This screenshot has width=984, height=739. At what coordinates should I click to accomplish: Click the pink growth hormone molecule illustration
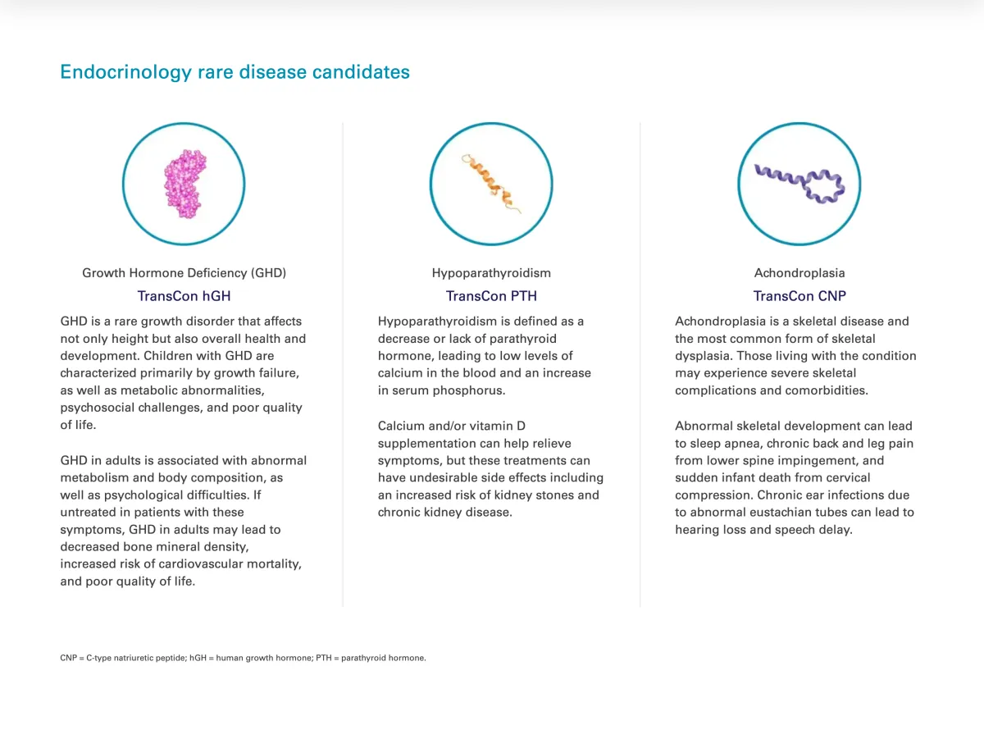tap(184, 184)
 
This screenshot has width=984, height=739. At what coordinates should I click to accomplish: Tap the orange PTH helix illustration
tap(490, 183)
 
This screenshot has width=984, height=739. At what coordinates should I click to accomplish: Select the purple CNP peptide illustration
tap(800, 185)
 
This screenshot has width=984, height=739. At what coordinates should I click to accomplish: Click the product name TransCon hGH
tap(184, 296)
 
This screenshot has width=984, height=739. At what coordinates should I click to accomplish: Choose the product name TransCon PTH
tap(491, 296)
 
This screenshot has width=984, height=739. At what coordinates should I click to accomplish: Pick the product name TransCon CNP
tap(799, 296)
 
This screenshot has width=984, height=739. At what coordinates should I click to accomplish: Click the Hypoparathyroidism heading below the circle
tap(491, 273)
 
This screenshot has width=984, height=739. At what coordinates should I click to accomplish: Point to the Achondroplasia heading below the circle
tap(799, 272)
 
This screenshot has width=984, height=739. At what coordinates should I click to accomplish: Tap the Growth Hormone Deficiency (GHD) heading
tap(184, 273)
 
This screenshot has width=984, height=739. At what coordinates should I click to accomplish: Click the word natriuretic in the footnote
tap(134, 658)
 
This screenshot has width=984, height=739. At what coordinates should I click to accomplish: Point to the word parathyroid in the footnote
tap(363, 659)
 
